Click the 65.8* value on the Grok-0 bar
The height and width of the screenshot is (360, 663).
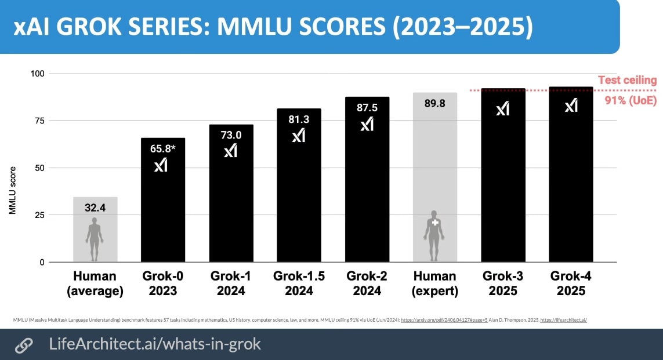pyautogui.click(x=162, y=148)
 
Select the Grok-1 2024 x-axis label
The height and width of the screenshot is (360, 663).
pyautogui.click(x=231, y=283)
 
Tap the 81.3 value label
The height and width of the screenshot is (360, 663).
pyautogui.click(x=299, y=119)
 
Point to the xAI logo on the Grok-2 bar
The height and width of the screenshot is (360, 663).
pyautogui.click(x=367, y=124)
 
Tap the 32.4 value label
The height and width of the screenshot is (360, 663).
pyautogui.click(x=95, y=208)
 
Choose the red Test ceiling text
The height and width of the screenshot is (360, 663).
pyautogui.click(x=628, y=81)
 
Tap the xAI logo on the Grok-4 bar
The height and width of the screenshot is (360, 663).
pyautogui.click(x=571, y=105)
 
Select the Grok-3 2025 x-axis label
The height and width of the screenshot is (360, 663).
pyautogui.click(x=503, y=283)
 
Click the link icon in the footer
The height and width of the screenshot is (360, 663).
pyautogui.click(x=23, y=345)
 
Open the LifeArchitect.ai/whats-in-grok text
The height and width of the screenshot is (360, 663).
pyautogui.click(x=155, y=344)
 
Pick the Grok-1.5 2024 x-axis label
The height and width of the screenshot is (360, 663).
pyautogui.click(x=299, y=283)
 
